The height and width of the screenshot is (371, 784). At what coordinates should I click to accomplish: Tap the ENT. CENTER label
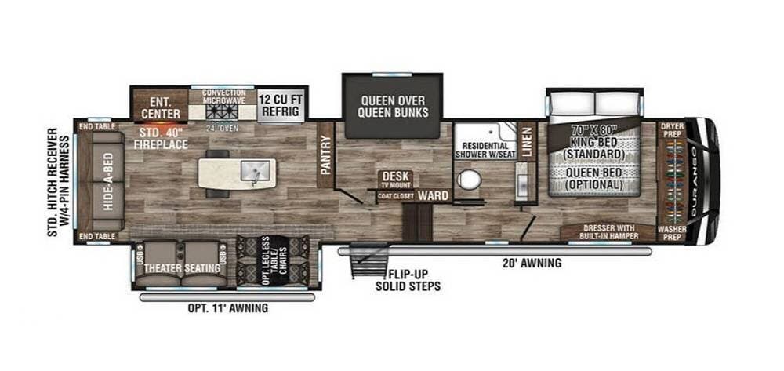click(x=161, y=107)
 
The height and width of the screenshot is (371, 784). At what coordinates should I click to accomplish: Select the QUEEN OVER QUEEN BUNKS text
click(x=393, y=106)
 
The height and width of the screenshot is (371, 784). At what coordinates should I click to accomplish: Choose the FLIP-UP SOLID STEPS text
click(x=412, y=281)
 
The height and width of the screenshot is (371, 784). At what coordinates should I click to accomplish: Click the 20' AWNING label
click(x=534, y=264)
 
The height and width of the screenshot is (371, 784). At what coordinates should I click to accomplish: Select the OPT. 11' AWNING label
click(x=227, y=308)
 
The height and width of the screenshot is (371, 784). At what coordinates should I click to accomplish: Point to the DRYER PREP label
click(x=672, y=130)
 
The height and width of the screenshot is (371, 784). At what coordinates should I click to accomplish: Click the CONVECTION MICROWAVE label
click(x=219, y=96)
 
